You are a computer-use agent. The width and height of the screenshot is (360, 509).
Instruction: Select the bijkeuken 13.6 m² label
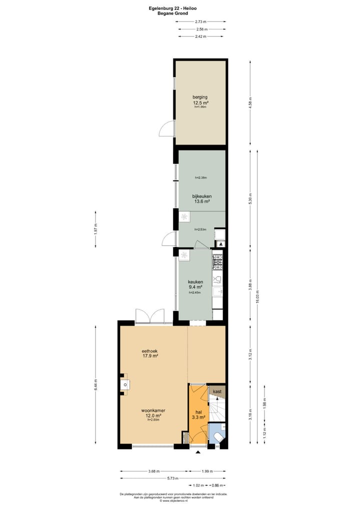(201, 199)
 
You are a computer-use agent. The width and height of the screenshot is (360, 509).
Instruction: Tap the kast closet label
(217, 391)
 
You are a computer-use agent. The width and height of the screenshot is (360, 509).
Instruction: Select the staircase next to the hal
(216, 410)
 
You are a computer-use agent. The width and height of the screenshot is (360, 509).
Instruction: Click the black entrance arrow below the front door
(197, 452)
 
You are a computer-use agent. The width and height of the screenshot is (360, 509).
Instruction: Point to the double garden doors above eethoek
(150, 316)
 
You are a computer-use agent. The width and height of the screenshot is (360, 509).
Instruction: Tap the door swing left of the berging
(166, 129)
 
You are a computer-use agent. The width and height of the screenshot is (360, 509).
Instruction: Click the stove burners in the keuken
(217, 260)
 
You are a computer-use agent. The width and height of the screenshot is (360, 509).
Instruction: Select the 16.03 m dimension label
(258, 295)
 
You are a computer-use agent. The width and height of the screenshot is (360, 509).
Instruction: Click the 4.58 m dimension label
(250, 102)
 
